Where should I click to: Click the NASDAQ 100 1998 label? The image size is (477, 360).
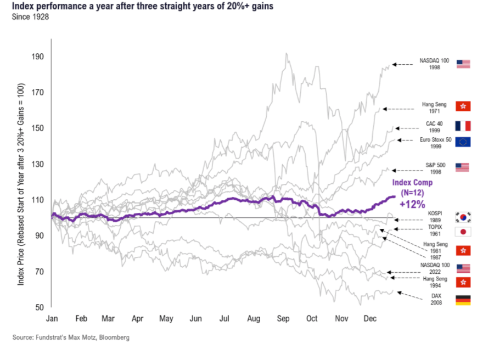pyautogui.click(x=434, y=64)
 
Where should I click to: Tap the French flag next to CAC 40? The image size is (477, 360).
pyautogui.click(x=463, y=126)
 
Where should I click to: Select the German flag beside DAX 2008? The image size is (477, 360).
pyautogui.click(x=463, y=300)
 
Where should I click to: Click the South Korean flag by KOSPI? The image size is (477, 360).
pyautogui.click(x=463, y=216)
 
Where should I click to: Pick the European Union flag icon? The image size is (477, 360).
pyautogui.click(x=463, y=143)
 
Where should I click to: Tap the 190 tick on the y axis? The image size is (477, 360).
pyautogui.click(x=38, y=57)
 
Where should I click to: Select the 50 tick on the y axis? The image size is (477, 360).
pyautogui.click(x=40, y=307)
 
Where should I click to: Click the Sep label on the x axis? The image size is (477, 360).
pyautogui.click(x=283, y=318)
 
